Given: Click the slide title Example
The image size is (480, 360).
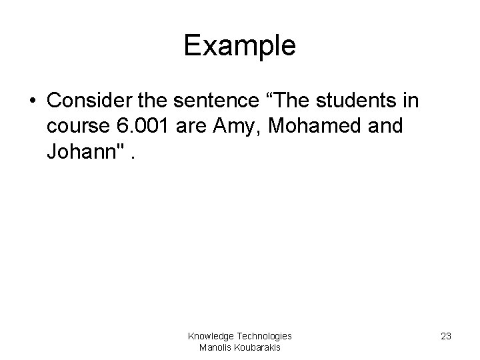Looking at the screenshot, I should (239, 45).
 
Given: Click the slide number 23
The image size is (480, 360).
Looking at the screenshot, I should (445, 336).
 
